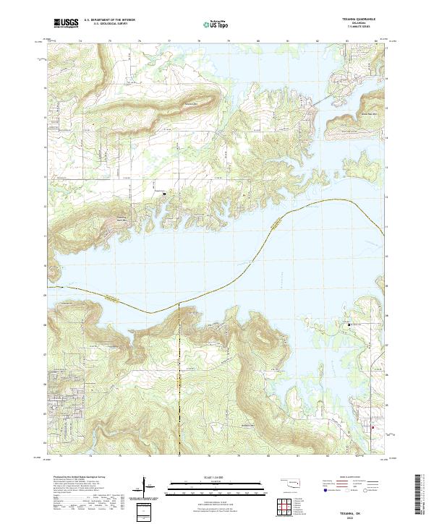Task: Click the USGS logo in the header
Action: coord(65,23)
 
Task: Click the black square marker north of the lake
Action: coord(164,194)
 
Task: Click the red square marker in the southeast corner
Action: coord(373,427)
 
